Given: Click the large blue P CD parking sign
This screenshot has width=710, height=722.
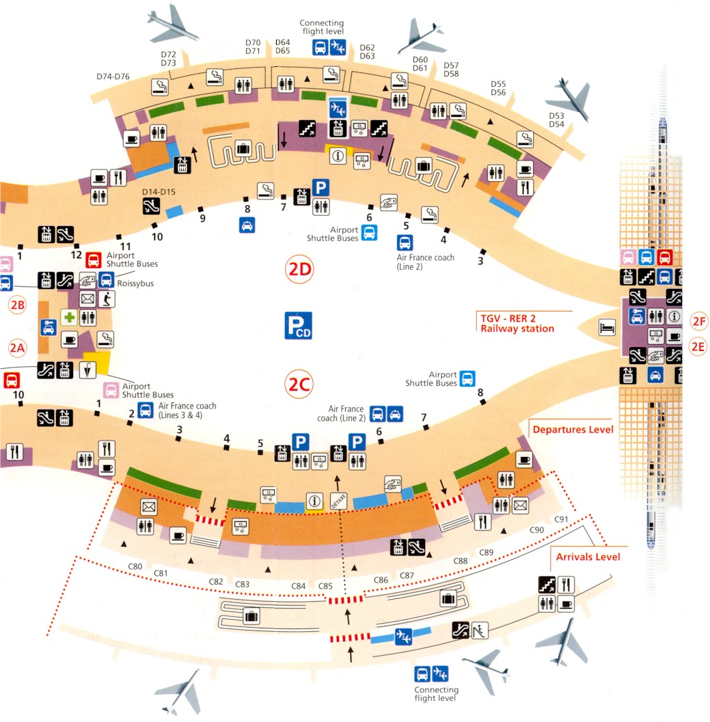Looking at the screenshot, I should (298, 325).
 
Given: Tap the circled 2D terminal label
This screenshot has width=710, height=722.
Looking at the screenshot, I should (299, 270).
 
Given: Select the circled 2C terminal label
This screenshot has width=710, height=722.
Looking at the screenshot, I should (299, 386).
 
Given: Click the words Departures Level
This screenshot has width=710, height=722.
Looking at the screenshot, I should (573, 429).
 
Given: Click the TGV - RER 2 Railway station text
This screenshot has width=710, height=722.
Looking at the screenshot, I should (517, 322).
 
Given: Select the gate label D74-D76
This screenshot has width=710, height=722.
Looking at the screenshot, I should (113, 77).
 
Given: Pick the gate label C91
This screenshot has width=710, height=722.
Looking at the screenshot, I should (562, 518).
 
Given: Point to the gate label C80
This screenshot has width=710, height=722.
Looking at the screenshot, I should (135, 566).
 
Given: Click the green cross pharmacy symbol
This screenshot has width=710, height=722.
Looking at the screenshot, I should (68, 317).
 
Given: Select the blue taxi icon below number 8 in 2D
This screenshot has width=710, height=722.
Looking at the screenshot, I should (247, 225).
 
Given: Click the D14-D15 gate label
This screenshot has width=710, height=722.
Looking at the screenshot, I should (159, 193).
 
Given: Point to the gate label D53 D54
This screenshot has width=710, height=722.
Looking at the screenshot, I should (557, 120).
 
